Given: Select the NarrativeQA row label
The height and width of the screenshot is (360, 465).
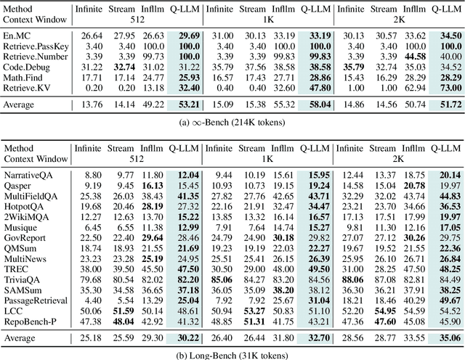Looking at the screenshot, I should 26,175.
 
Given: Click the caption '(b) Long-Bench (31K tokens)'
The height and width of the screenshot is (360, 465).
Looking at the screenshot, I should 232,354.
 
